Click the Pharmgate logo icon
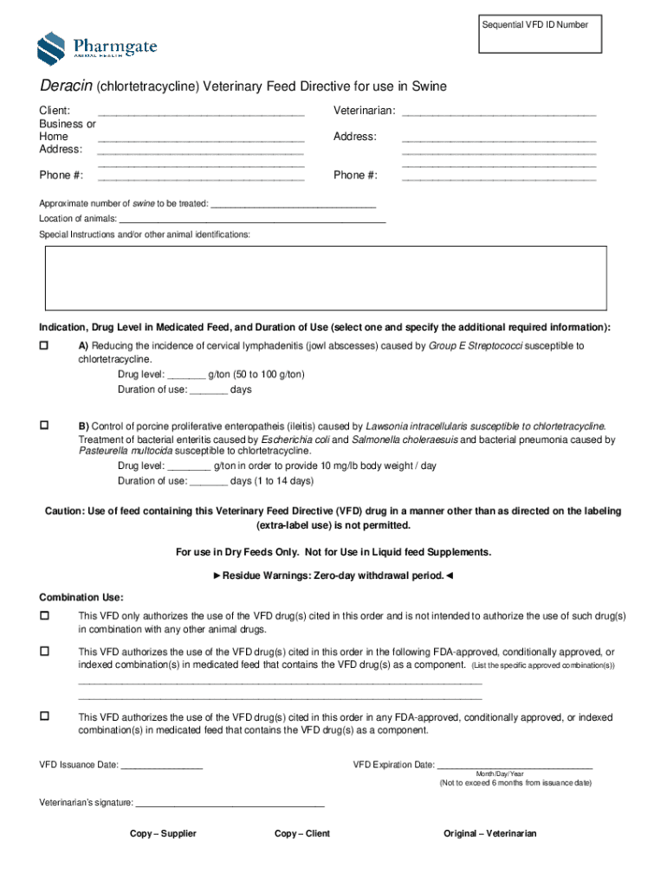point(51,47)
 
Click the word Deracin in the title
point(66,87)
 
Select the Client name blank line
point(201,112)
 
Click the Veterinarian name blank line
point(499,112)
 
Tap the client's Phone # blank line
point(201,177)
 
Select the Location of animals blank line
point(252,220)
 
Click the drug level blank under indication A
point(186,376)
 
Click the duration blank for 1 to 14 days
point(208,482)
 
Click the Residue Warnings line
point(333,575)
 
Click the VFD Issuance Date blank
point(162,766)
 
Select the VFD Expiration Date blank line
point(515,766)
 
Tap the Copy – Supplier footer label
point(163,834)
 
